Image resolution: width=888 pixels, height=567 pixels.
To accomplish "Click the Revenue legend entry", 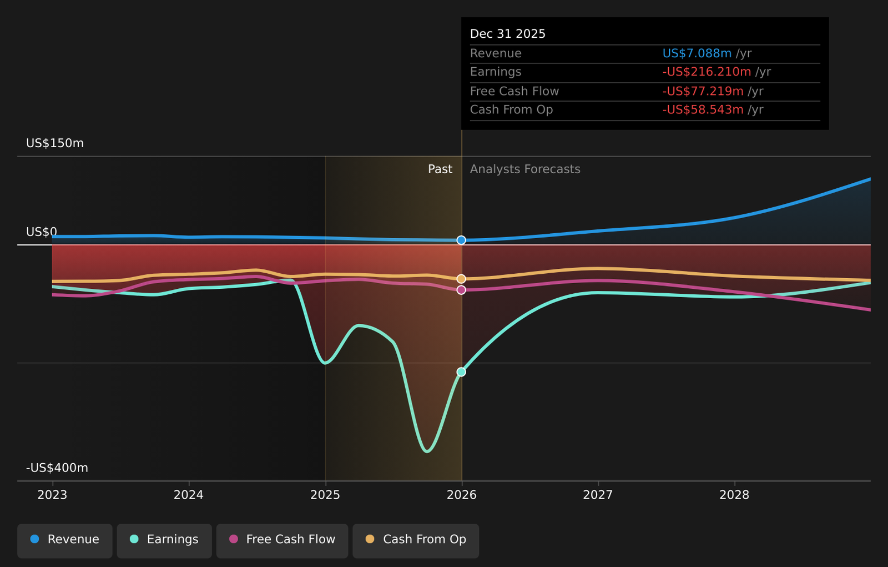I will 65,539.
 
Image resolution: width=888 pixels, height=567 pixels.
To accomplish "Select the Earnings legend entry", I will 164,539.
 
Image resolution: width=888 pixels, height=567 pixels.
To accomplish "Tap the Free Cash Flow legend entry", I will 282,539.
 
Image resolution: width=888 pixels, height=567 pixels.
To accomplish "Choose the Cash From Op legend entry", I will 416,539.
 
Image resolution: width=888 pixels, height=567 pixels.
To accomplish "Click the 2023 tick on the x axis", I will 52,495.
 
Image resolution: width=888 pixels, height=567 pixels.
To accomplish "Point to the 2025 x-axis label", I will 325,495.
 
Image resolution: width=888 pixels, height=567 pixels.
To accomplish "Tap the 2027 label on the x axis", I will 598,495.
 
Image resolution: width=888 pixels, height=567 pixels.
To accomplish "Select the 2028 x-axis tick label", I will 734,495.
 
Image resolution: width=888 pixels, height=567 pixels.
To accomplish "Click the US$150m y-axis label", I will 55,143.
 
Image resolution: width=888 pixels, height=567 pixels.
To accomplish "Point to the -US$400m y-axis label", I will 57,468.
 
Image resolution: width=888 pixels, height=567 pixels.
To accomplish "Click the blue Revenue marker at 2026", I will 461,240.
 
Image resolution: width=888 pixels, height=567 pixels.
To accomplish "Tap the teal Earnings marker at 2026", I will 461,372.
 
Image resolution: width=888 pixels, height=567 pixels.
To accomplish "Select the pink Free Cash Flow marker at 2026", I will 461,290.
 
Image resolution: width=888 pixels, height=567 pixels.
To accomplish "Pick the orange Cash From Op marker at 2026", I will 461,279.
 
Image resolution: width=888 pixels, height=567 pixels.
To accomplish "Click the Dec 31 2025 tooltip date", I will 508,34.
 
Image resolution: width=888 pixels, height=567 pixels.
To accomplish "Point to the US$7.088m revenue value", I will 697,53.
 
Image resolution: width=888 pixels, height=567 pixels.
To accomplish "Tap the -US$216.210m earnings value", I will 707,72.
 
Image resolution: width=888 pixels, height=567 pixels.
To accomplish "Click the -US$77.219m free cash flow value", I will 703,91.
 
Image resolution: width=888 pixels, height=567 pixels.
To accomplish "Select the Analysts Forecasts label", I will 525,169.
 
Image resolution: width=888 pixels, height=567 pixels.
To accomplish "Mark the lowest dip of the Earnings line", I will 427,451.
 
